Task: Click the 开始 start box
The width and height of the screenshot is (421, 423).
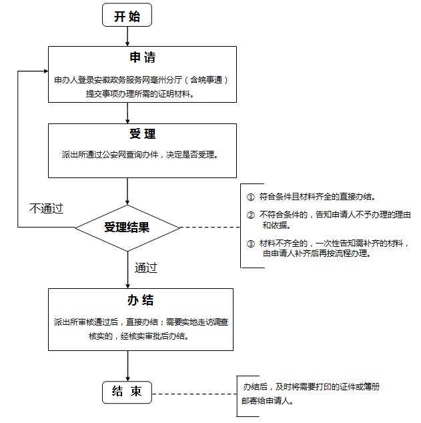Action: tap(127, 16)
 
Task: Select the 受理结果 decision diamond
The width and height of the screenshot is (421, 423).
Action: tap(127, 228)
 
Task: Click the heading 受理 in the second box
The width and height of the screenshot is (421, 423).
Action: tap(142, 134)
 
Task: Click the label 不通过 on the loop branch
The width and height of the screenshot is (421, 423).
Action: tap(46, 208)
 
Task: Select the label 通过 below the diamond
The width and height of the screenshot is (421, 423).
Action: tap(146, 268)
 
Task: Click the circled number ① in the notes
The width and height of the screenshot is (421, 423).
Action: tap(251, 197)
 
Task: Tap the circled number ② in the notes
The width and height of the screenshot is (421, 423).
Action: tap(251, 215)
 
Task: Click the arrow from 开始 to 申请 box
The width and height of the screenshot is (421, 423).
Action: tap(127, 37)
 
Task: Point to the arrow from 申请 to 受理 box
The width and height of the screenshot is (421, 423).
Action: tap(127, 113)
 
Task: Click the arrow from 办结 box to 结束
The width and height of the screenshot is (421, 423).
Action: tap(127, 366)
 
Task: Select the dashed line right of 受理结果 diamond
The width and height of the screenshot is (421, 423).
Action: tap(209, 228)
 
